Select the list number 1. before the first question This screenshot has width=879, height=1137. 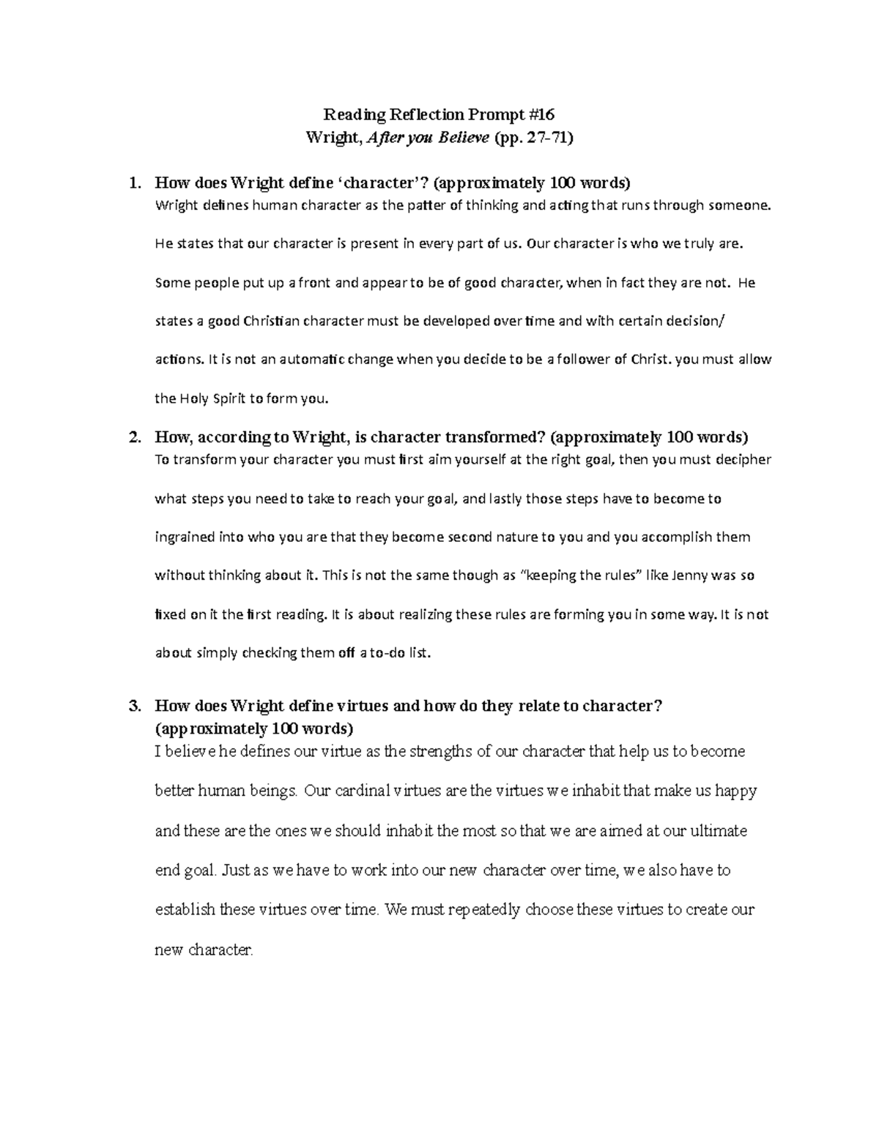134,183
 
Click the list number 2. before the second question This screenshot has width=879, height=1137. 134,438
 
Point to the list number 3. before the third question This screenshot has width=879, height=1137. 134,707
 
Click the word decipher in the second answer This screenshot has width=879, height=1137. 741,461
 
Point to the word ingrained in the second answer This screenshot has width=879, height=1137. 185,537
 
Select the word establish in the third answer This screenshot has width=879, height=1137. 185,911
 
